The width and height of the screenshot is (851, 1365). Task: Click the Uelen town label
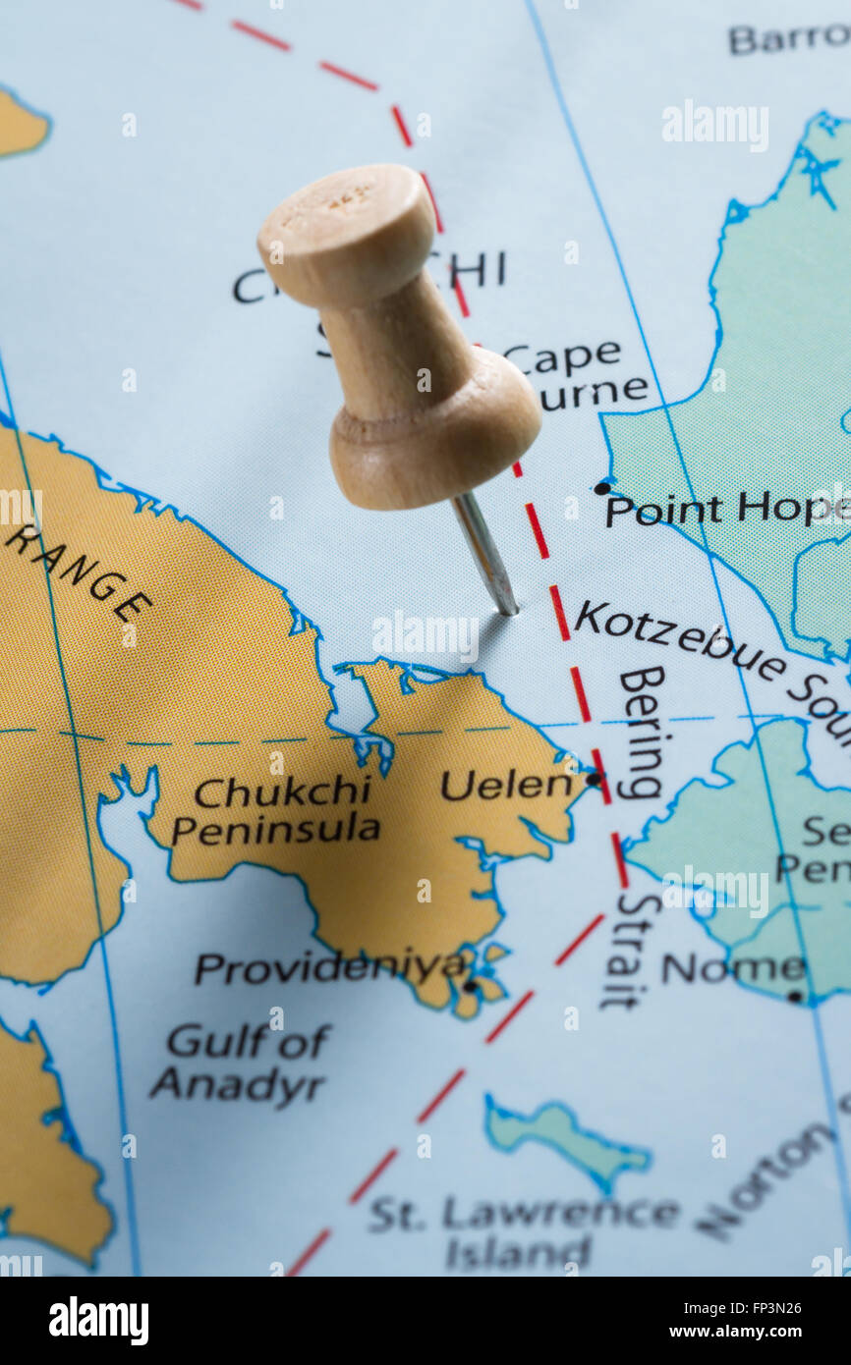point(506,785)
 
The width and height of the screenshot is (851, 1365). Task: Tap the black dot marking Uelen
point(593,779)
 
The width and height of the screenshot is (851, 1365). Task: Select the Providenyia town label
point(329,967)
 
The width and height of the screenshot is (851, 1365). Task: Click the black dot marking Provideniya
point(470,985)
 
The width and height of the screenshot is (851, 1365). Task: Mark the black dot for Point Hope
point(601,487)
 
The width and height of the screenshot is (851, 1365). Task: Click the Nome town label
point(733,968)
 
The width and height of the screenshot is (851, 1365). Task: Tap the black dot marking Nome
point(794,996)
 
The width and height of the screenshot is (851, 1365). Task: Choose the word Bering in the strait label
point(642,732)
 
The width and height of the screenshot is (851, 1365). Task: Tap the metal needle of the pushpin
point(486,555)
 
